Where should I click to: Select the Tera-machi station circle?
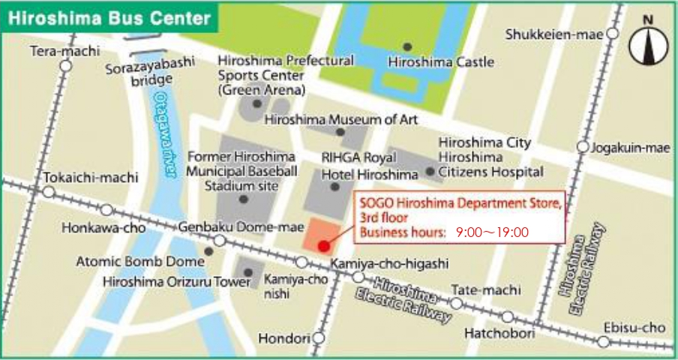pyautogui.click(x=65, y=66)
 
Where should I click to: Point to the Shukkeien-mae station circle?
pyautogui.click(x=613, y=34)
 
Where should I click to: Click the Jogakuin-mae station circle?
pyautogui.click(x=583, y=147)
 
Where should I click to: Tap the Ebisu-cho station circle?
pyautogui.click(x=604, y=342)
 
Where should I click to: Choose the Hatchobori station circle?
pyautogui.click(x=508, y=317)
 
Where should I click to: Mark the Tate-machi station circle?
pyautogui.click(x=456, y=304)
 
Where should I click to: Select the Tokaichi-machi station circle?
pyautogui.click(x=49, y=192)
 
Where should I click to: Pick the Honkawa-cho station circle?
pyautogui.click(x=106, y=211)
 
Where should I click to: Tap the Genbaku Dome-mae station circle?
pyautogui.click(x=220, y=241)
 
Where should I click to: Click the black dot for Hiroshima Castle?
pyautogui.click(x=407, y=46)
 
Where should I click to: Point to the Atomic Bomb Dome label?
pyautogui.click(x=140, y=262)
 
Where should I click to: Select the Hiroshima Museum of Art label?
pyautogui.click(x=342, y=120)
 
